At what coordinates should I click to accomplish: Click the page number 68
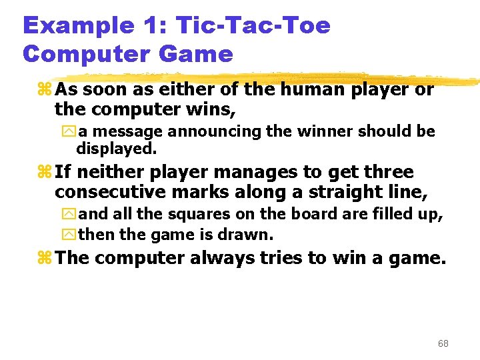(443, 343)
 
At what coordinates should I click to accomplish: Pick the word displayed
(116, 147)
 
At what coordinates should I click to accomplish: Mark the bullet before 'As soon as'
(45, 89)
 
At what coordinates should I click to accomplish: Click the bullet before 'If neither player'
(45, 173)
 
